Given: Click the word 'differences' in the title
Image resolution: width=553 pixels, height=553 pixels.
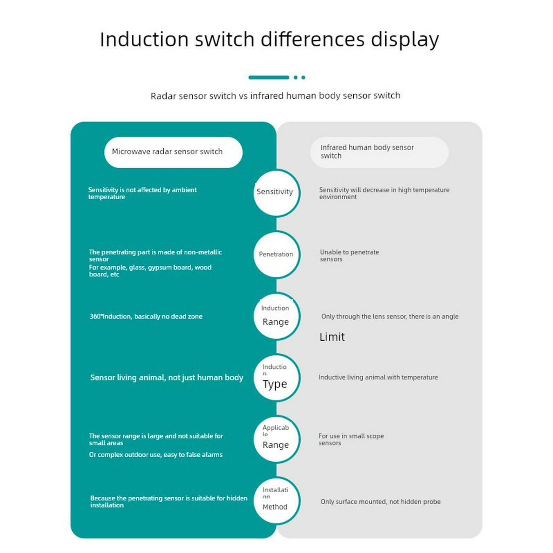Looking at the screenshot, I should pos(312,40).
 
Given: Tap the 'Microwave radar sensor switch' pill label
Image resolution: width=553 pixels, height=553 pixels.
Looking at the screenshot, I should pos(173,152).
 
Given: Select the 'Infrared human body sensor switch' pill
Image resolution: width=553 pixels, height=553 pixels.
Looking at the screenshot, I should pos(379,152).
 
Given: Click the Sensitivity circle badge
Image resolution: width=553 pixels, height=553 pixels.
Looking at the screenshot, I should pos(276,192).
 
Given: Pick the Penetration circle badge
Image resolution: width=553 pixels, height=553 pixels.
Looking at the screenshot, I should pos(276,255).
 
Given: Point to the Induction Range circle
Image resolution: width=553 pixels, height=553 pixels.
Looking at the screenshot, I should pos(276,316).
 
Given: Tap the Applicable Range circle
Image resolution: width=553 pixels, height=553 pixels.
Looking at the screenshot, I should pos(276,439).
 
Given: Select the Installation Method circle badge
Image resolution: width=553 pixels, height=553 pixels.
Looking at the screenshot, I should pos(276,501).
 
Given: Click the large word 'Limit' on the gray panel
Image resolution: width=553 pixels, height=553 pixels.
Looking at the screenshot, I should pos(332,337).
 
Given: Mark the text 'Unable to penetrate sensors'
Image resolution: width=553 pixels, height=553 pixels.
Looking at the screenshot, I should pos(349,256).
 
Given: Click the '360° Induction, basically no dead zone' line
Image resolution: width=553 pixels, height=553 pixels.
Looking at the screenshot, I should pos(146,316).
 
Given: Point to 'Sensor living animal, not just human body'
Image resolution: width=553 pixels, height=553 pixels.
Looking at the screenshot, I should pos(167,377).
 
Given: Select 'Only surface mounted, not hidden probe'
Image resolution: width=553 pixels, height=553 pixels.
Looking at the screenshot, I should pos(380,502).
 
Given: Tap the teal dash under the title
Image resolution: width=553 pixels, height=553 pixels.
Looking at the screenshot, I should pos(269,78).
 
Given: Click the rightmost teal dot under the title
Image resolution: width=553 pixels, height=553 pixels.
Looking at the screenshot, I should pos(303,78).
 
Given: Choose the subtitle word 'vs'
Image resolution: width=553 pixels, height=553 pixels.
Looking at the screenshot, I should pos(243,96).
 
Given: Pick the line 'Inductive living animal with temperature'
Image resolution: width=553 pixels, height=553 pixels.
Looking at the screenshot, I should pos(378,377).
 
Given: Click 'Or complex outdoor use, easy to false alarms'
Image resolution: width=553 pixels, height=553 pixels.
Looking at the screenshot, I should pos(156,455).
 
